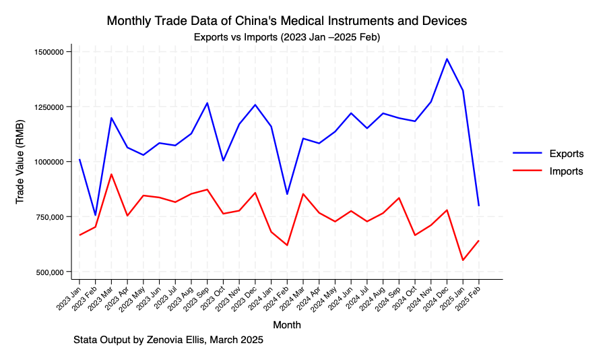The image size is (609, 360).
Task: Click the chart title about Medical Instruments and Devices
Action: coord(287,22)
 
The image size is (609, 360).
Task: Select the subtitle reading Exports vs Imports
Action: coord(287,37)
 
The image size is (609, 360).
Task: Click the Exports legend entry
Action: coord(566,154)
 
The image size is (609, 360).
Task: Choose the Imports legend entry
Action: coord(566,171)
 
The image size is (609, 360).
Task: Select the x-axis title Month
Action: coord(287,325)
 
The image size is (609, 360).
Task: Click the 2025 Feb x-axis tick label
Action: coord(470,297)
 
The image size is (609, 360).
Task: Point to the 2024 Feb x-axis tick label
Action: coord(278,297)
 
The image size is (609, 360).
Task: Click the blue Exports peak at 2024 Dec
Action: coord(447,59)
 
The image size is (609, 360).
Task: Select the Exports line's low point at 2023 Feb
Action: coord(95,216)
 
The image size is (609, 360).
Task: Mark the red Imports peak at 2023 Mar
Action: coord(111,174)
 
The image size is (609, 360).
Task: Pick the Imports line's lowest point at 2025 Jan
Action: coord(463,260)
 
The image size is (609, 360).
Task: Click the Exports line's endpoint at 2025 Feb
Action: coord(479,206)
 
